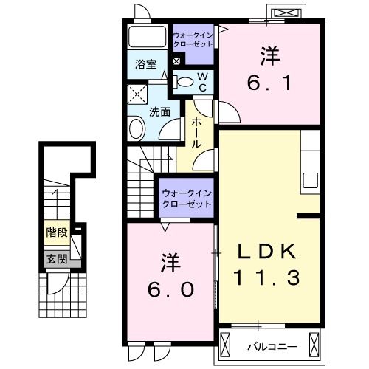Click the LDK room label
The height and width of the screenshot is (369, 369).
tap(267, 252)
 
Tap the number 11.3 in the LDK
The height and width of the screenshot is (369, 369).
tap(267, 278)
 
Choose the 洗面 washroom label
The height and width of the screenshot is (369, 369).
tap(160, 111)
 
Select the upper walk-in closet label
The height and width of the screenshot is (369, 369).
tap(193, 39)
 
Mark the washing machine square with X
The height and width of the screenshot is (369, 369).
tap(137, 93)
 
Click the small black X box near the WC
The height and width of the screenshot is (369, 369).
tap(177, 60)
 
